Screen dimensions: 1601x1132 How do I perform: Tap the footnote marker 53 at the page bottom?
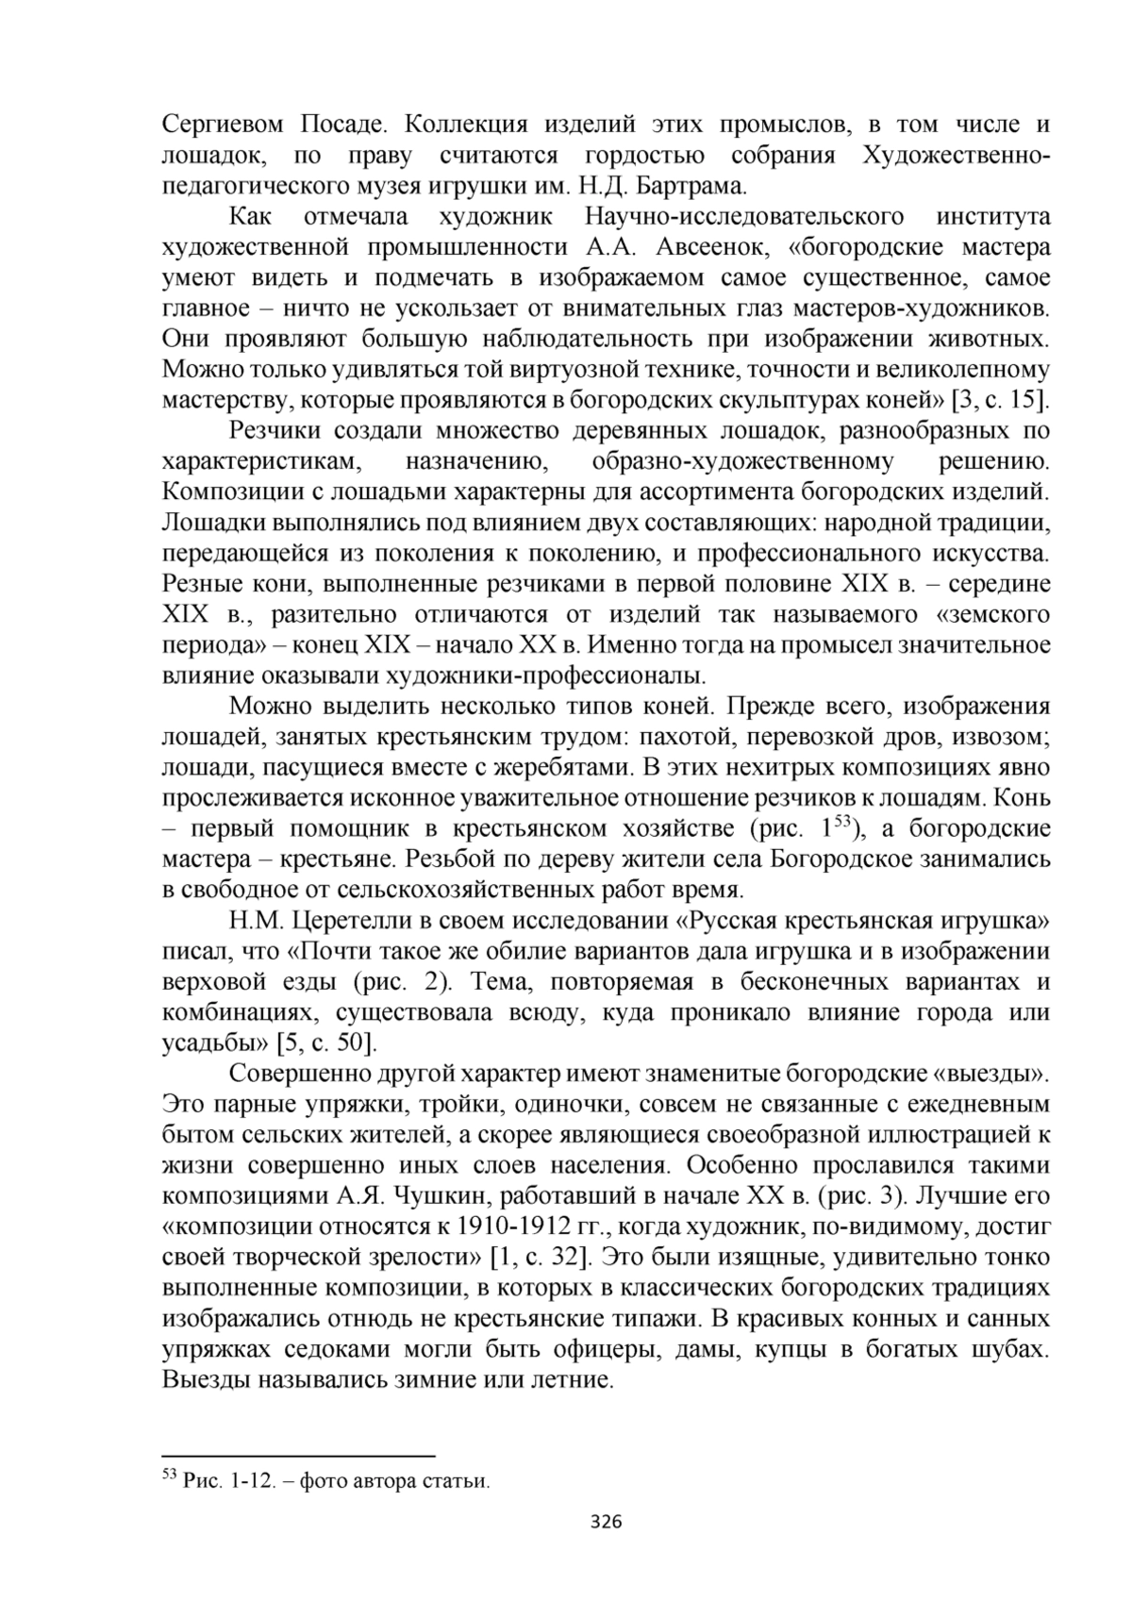point(170,1474)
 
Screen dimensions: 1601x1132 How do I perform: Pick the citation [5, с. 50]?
point(325,1043)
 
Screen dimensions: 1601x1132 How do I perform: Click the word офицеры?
point(604,1349)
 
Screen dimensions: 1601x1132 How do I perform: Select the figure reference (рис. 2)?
point(405,982)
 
